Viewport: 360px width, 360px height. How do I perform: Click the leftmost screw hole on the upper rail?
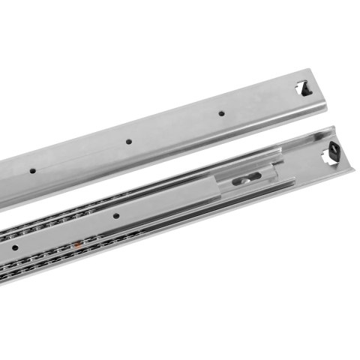32,172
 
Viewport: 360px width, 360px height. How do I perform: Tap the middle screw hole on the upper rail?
129,141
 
